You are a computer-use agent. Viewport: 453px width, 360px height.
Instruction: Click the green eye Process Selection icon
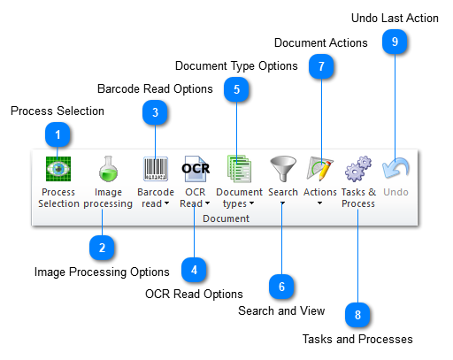tap(58, 168)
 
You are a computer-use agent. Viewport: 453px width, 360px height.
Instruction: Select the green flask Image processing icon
tap(108, 168)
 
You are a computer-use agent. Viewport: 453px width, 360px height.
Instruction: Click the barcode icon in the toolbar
tap(155, 168)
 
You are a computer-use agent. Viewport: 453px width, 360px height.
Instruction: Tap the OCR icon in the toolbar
tap(195, 168)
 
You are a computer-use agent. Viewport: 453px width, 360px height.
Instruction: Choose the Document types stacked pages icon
tap(239, 168)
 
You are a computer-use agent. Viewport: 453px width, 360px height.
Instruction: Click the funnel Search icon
tap(282, 168)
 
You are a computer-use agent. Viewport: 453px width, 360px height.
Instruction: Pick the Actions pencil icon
tap(320, 168)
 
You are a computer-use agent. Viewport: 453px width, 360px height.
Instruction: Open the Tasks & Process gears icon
tap(357, 168)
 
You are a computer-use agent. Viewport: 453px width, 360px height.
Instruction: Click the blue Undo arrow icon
tap(395, 168)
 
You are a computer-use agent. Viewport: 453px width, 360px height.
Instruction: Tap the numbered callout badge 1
tap(58, 135)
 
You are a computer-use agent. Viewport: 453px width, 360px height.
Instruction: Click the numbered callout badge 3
tap(155, 112)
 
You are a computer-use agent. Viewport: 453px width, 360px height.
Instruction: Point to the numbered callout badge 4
tap(194, 269)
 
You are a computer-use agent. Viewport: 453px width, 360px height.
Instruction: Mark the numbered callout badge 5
tap(236, 88)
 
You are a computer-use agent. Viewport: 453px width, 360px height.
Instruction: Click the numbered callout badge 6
tap(281, 286)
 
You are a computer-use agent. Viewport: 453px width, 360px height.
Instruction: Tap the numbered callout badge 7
tap(321, 66)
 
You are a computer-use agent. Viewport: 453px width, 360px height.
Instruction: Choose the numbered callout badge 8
tap(357, 314)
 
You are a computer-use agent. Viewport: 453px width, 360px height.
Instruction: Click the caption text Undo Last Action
tap(394, 18)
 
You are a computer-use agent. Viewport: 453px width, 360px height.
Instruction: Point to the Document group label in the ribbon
tap(226, 218)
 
